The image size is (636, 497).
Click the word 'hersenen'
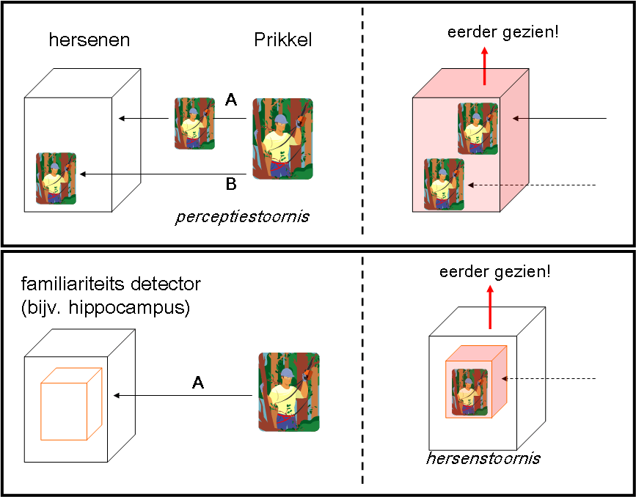point(89,40)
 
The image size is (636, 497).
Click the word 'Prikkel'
point(282,40)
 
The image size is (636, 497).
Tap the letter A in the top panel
point(230,100)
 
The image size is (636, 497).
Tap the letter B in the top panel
point(230,184)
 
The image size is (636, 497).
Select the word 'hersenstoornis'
point(483,459)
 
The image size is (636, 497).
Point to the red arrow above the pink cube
point(484,66)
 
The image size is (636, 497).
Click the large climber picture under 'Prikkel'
point(282,139)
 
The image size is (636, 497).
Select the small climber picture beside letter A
point(194,123)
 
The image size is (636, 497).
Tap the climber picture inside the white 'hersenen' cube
point(56,178)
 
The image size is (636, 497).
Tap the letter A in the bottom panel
point(197,382)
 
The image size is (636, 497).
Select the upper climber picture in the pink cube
point(478,128)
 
